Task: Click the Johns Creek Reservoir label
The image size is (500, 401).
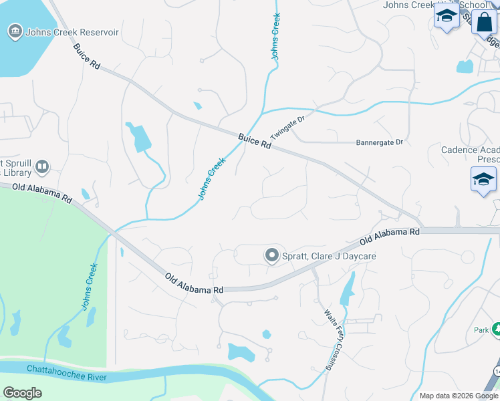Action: (72, 32)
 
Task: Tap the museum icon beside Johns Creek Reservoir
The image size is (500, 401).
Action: (15, 31)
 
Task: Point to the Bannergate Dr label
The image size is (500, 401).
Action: (380, 142)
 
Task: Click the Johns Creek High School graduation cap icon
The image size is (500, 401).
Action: (446, 17)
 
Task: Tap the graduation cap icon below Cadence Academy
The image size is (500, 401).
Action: (483, 180)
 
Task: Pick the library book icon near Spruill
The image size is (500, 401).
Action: (42, 166)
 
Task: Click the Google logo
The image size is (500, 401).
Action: (22, 393)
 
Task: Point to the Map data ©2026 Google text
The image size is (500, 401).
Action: (458, 396)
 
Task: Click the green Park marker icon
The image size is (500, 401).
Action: (496, 329)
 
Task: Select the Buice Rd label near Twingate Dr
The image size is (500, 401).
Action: (255, 141)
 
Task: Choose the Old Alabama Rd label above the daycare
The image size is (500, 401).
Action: (389, 236)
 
